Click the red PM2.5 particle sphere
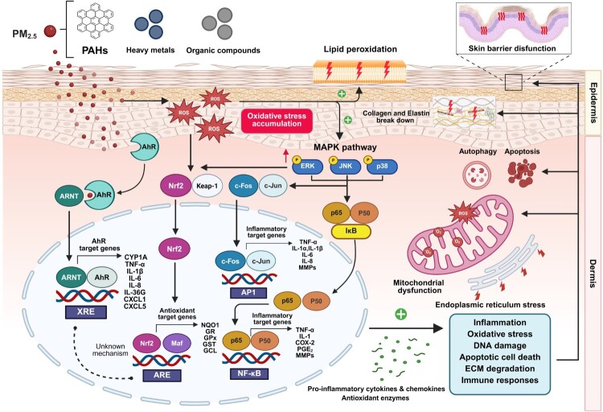tap(50, 31)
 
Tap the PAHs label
tap(95, 50)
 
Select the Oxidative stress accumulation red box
tap(277, 120)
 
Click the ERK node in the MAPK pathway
tap(307, 166)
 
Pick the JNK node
tap(345, 166)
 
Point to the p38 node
tap(382, 167)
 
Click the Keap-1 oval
tap(207, 186)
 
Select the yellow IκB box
tap(351, 232)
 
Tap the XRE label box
tap(85, 311)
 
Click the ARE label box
tap(162, 375)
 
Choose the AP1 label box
tap(248, 292)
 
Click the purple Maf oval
tap(177, 343)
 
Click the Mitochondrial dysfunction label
tap(419, 286)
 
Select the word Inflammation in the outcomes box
tap(499, 323)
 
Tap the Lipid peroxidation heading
tap(360, 49)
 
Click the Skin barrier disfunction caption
tap(512, 48)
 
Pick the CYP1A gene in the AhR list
tap(136, 257)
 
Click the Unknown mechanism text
tap(110, 349)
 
